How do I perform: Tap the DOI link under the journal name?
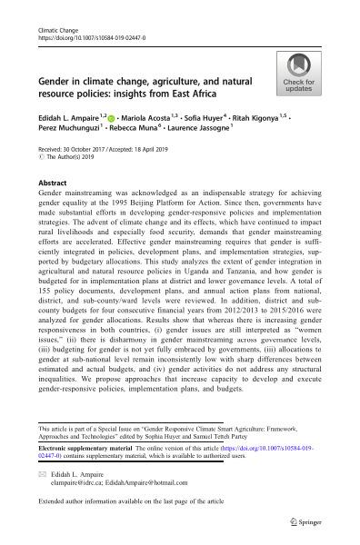77,40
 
